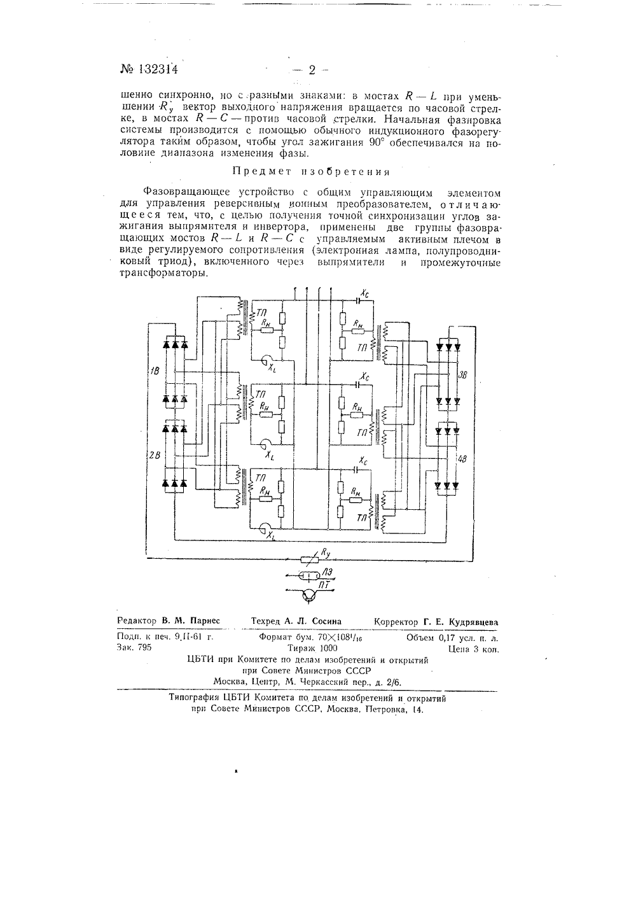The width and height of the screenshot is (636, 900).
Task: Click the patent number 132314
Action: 158,69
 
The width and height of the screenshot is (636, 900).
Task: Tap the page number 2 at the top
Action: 312,70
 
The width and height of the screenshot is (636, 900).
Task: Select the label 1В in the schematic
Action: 155,370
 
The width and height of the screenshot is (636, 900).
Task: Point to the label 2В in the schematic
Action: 155,455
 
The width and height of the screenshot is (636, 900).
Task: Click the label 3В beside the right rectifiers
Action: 463,375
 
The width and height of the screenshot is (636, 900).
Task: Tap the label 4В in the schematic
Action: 462,459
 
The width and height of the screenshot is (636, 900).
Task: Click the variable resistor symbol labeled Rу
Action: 310,559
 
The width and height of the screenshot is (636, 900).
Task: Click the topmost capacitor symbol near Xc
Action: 357,300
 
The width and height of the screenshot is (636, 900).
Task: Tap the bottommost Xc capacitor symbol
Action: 356,468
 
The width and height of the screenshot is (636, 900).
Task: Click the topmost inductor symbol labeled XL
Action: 266,360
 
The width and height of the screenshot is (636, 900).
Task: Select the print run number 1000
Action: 328,648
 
